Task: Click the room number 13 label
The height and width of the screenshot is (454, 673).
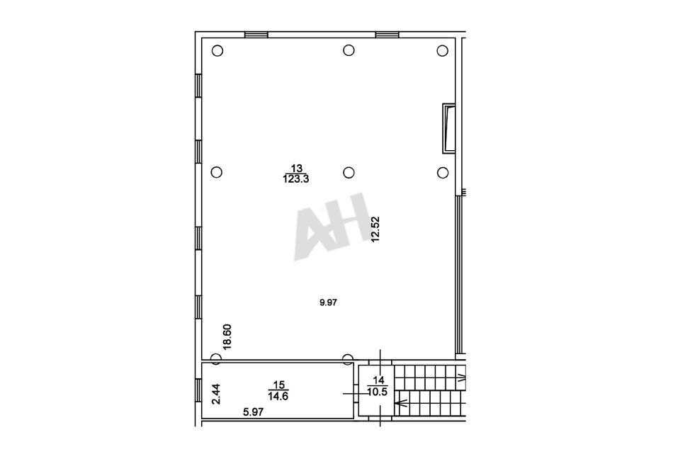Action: point(297,168)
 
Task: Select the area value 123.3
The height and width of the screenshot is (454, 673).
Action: point(296,179)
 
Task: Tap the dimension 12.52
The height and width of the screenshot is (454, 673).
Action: point(375,229)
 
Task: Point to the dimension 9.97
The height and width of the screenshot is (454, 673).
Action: point(328,302)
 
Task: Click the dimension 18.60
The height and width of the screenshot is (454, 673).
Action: point(227,336)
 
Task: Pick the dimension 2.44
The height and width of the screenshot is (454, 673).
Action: point(216,394)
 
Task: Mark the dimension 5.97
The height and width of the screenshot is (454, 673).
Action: point(253,412)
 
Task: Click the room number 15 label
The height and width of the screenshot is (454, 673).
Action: point(278,385)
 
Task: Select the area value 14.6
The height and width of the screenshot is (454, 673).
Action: point(278,396)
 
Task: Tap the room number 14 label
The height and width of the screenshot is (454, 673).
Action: point(378,380)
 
